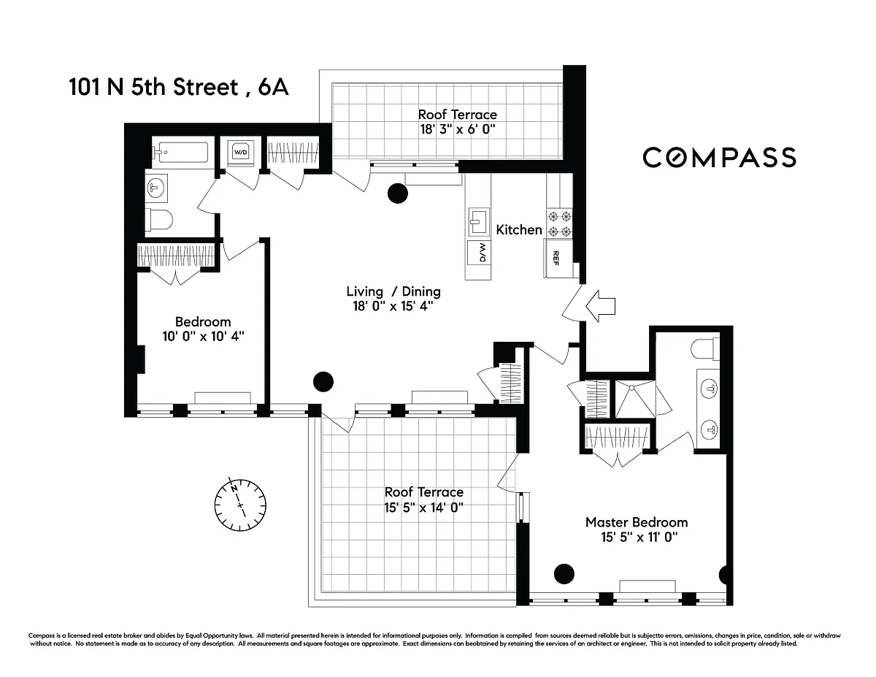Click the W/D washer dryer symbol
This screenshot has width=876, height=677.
(x=241, y=153)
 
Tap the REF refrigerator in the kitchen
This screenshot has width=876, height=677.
(x=558, y=258)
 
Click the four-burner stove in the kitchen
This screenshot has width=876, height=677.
(x=559, y=223)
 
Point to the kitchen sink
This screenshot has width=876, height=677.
(x=479, y=222)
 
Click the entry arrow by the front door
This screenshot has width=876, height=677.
(x=600, y=306)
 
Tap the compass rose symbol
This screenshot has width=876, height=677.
(x=240, y=505)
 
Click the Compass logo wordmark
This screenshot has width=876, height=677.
(x=719, y=157)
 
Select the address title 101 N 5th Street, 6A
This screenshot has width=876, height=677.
(x=179, y=87)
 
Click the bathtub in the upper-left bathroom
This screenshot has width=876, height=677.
(x=180, y=152)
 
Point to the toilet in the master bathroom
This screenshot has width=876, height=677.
(x=705, y=349)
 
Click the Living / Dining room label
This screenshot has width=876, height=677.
(x=393, y=291)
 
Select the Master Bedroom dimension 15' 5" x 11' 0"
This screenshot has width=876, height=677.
(x=639, y=537)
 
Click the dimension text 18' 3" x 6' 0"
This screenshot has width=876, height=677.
(x=458, y=129)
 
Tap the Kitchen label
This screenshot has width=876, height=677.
(x=519, y=230)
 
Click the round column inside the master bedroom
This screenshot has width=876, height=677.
(x=564, y=574)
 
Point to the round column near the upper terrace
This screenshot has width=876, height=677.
(x=398, y=194)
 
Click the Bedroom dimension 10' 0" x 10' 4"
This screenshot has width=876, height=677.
(x=203, y=336)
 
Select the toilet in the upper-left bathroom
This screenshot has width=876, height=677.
(x=159, y=220)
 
